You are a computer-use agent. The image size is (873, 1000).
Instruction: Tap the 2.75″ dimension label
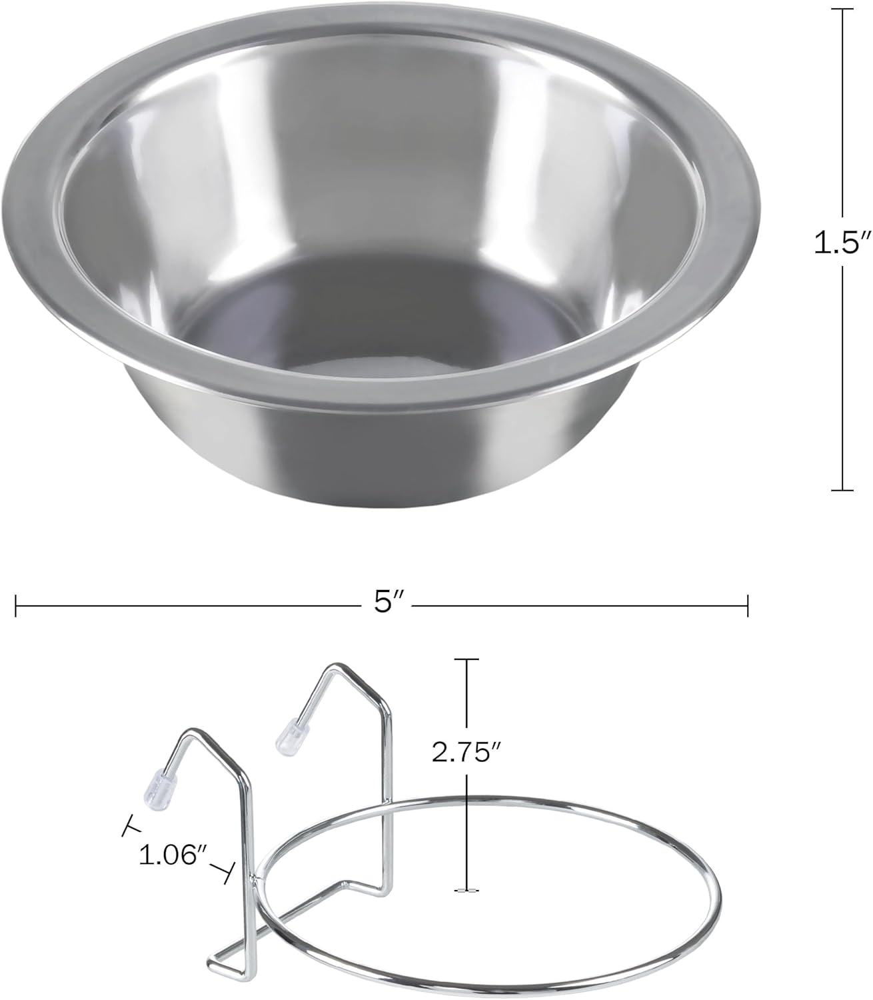click(x=467, y=753)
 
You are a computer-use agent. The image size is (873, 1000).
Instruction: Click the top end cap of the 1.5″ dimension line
click(x=842, y=9)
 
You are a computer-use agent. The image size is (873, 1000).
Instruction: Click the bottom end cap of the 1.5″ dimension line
click(x=842, y=491)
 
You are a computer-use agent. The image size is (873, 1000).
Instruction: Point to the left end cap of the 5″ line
click(x=16, y=606)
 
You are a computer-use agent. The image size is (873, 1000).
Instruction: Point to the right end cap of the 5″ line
click(x=748, y=606)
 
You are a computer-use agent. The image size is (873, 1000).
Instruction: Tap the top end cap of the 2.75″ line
click(x=466, y=659)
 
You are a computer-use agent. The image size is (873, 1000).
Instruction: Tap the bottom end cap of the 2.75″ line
click(x=466, y=891)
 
